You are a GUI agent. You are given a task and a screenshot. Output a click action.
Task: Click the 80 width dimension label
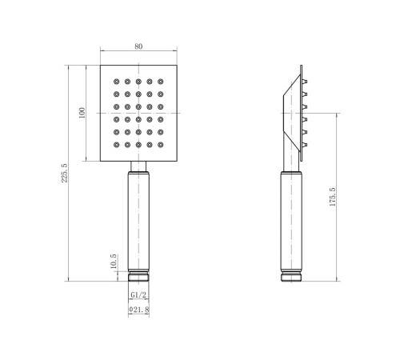[x=138, y=46]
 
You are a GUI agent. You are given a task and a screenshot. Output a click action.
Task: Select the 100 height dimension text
[x=82, y=113]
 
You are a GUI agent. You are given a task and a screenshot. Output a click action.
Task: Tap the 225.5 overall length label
[x=64, y=173]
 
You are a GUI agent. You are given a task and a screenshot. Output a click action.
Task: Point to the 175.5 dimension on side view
[x=332, y=197]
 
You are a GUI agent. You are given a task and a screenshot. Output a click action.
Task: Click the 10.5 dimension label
[x=113, y=261]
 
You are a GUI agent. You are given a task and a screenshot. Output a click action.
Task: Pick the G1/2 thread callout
[x=138, y=295]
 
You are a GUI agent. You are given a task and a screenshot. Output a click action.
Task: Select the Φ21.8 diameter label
[x=138, y=310]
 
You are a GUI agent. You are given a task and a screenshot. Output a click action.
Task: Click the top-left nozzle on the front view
[x=117, y=82]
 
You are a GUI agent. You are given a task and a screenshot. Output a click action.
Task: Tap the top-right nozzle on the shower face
[x=160, y=82]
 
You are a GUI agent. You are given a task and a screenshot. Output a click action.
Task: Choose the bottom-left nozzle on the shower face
[x=117, y=145]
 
